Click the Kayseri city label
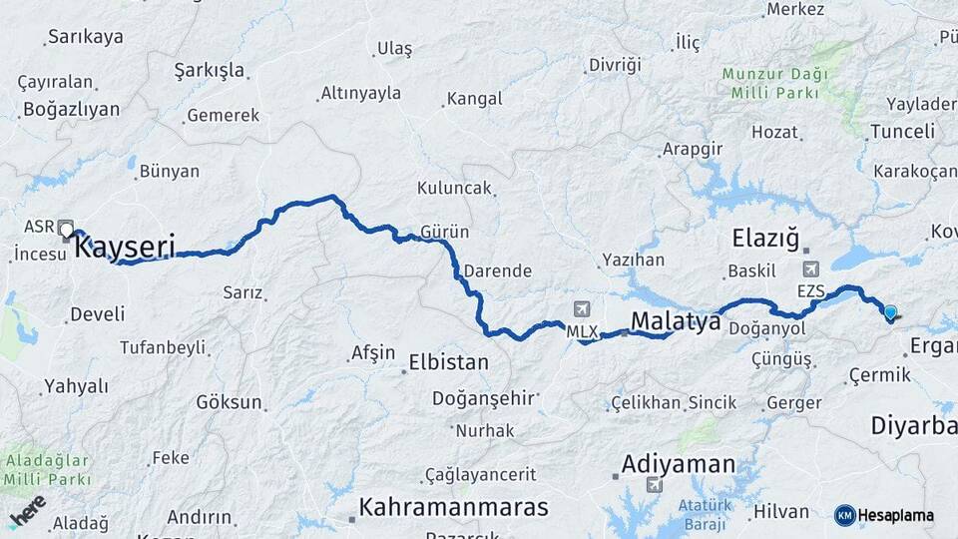tap(126, 246)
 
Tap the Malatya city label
tap(676, 320)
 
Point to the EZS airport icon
tap(810, 270)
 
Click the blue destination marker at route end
tap(890, 312)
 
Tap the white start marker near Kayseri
tap(67, 231)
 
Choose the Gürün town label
tap(445, 232)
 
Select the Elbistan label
tap(449, 362)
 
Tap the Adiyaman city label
tap(679, 464)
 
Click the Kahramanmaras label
tap(454, 506)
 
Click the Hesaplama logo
tap(884, 515)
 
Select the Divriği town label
tap(613, 64)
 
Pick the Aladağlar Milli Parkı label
tap(46, 470)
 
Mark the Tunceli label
tap(902, 131)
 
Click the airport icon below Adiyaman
tap(655, 486)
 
